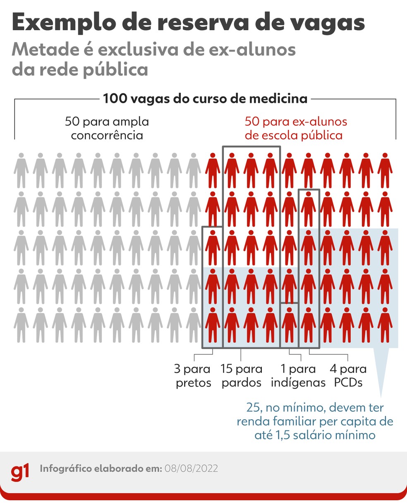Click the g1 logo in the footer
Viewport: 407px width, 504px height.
click(20, 472)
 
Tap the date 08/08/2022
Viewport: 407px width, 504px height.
click(191, 469)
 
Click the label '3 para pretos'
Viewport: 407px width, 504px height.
click(193, 376)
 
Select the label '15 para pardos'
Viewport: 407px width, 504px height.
click(242, 376)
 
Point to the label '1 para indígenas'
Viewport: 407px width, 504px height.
click(298, 376)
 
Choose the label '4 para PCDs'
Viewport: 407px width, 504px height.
click(348, 376)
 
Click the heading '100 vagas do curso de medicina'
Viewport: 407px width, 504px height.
click(205, 99)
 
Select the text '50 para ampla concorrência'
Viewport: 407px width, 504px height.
click(107, 129)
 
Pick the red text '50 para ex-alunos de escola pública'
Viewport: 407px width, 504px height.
click(295, 129)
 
